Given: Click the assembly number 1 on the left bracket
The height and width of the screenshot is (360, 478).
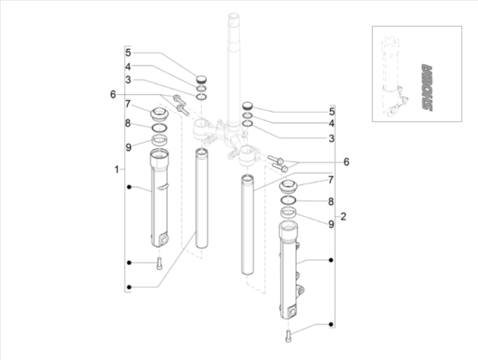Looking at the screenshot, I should coord(116,170).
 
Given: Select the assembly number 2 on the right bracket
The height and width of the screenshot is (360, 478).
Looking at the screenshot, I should coord(343,217).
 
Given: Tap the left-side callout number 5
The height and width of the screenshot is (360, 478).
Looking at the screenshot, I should coord(128,53).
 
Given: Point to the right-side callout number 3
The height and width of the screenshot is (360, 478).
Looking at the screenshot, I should coord(331,139).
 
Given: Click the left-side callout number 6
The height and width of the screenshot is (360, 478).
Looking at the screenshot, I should coord(113,94).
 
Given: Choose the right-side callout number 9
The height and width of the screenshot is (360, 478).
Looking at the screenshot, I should coord(331,224).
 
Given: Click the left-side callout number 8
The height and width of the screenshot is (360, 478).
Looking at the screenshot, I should coord(128,123).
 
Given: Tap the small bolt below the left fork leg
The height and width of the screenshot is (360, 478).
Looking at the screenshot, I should coord(159,263).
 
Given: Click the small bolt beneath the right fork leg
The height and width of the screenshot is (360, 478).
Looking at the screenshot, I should coord(288,336).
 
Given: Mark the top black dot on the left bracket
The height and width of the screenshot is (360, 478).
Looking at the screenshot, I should coord(129,187).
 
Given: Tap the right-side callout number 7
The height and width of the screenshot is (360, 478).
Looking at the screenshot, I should coord(331,180).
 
